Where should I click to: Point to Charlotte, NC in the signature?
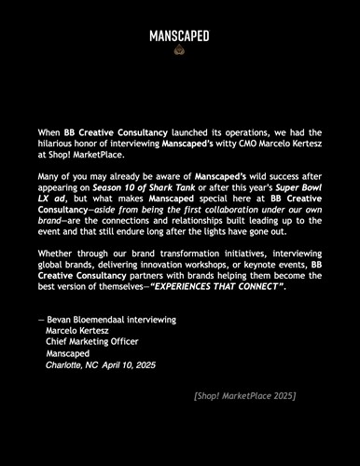pyautogui.click(x=72, y=365)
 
